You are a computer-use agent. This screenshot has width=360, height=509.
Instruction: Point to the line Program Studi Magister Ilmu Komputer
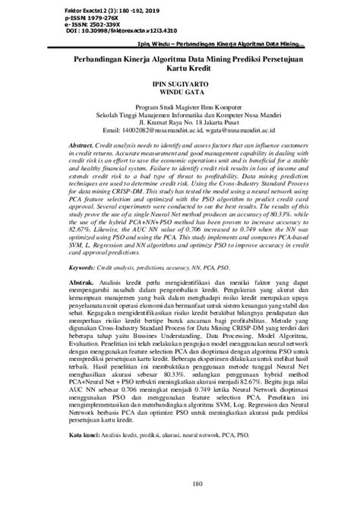180,109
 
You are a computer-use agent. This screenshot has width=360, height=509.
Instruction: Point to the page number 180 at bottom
180,484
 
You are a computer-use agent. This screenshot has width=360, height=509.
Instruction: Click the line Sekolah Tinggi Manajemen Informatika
180,116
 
